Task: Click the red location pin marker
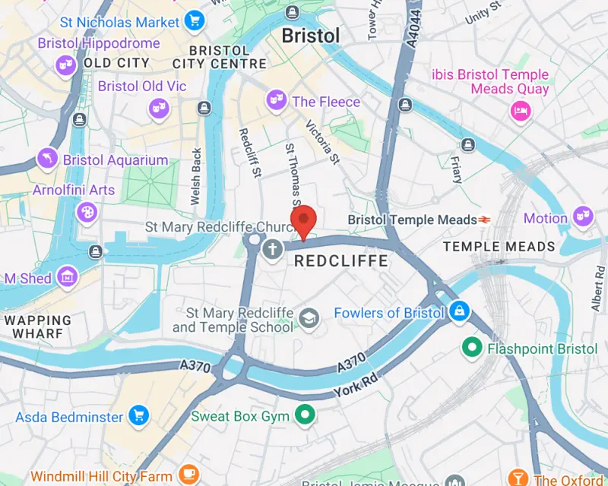click(304, 220)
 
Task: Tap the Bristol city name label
click(310, 35)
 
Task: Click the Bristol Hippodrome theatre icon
click(65, 66)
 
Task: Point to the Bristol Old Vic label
click(141, 87)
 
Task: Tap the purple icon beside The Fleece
click(275, 99)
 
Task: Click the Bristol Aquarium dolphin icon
click(47, 159)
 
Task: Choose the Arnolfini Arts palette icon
click(87, 212)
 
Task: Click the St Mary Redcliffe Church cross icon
click(272, 248)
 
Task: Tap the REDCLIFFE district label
click(340, 261)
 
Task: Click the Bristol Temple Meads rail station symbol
click(484, 219)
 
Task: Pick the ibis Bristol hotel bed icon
click(521, 111)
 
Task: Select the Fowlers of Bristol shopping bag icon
click(459, 311)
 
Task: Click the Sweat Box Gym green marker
click(306, 415)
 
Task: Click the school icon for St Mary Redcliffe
click(309, 317)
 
